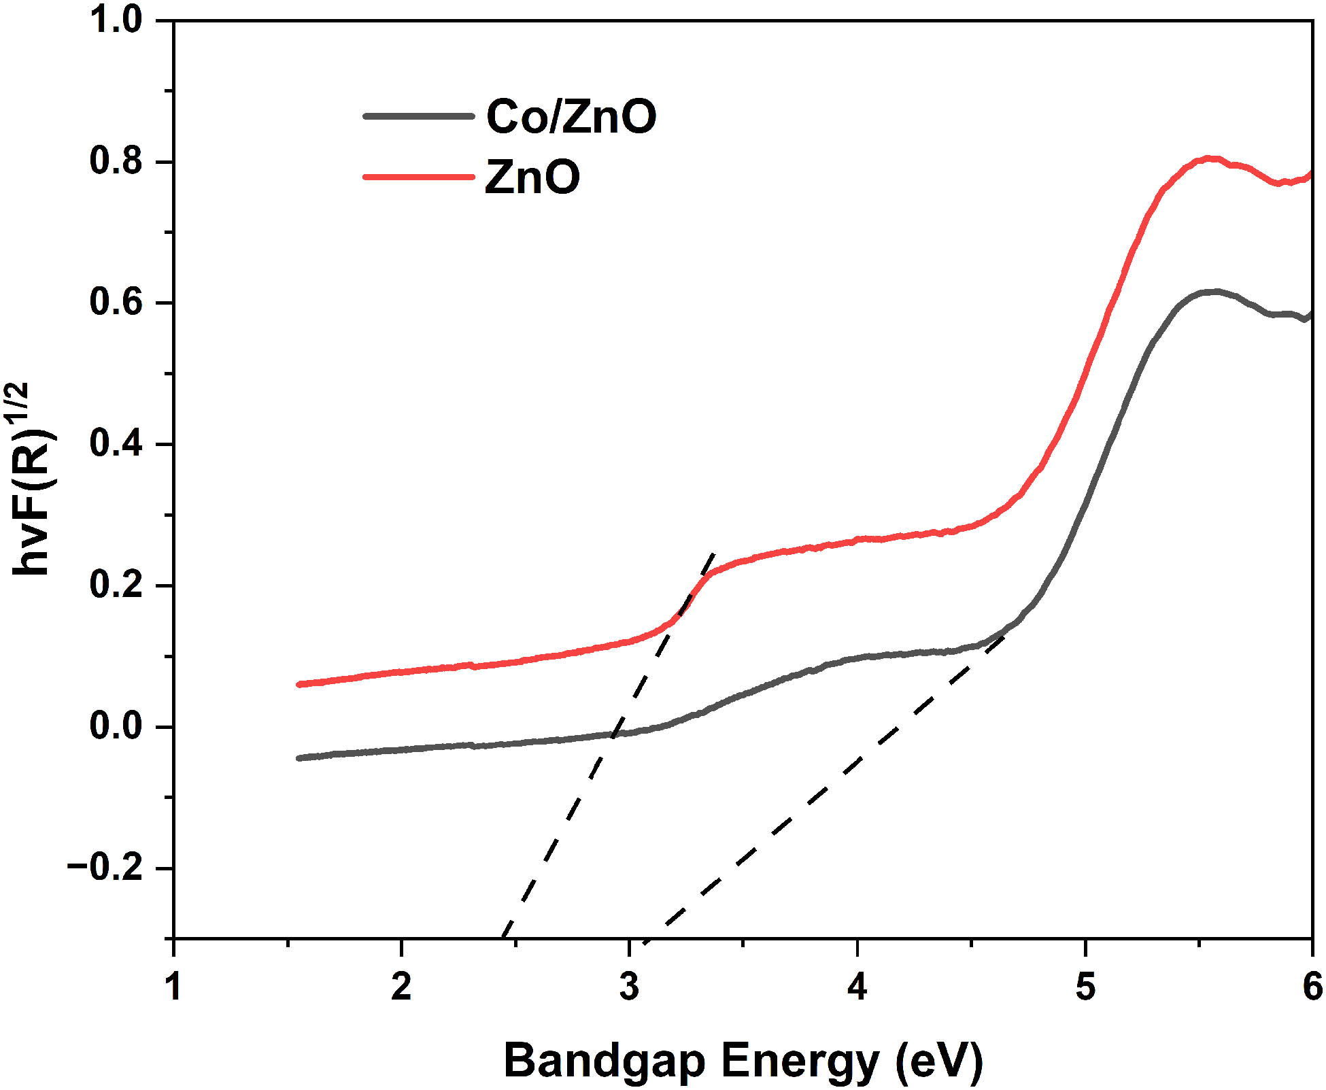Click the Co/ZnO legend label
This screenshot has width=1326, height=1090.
571,116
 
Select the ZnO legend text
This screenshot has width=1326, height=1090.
532,177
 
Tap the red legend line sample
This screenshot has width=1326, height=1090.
418,177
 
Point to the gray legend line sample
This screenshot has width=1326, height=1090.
418,116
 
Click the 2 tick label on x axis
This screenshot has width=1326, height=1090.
401,987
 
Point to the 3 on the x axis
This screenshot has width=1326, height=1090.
629,987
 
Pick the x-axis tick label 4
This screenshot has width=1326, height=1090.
857,987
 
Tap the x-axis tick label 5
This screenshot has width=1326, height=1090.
1085,987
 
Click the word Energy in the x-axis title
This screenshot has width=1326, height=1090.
800,1061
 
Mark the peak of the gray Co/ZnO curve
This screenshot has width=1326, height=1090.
1214,292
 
